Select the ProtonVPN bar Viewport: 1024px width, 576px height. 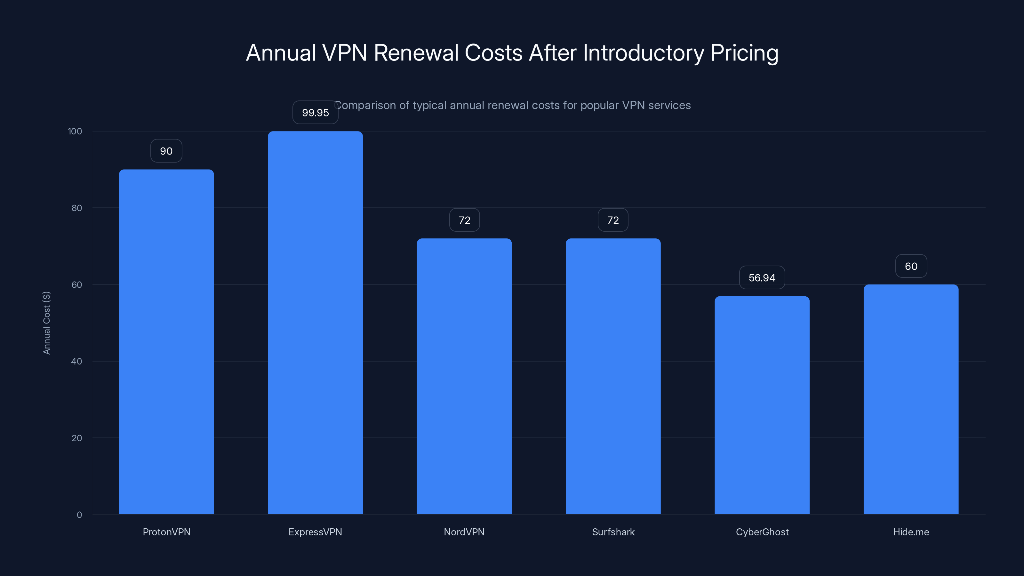tap(166, 342)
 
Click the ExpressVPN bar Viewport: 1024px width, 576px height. tap(315, 323)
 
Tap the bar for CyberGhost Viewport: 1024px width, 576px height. tap(762, 405)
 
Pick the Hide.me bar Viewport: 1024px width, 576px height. tap(911, 399)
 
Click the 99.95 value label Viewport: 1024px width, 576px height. tap(315, 113)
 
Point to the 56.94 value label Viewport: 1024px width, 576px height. tap(762, 278)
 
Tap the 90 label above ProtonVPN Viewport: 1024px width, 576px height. tap(166, 151)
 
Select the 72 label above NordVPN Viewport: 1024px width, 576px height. tap(464, 220)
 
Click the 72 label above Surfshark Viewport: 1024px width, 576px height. tap(613, 220)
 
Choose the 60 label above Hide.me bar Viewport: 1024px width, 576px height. tap(911, 266)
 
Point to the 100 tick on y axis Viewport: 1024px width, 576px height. tap(75, 132)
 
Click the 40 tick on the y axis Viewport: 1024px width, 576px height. tap(76, 361)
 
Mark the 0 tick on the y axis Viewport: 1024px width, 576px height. tap(79, 515)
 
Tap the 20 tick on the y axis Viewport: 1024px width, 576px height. tap(76, 438)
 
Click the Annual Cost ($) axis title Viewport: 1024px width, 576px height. tap(46, 323)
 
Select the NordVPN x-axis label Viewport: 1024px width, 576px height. tap(464, 532)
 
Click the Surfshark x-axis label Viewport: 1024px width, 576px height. tap(613, 532)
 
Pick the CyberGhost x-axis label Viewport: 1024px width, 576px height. tap(762, 532)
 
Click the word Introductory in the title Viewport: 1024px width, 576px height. tap(643, 53)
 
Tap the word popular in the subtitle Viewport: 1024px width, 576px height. tap(599, 105)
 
